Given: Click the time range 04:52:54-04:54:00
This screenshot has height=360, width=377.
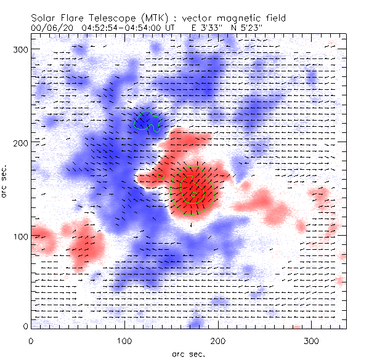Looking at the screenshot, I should tap(128, 28).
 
